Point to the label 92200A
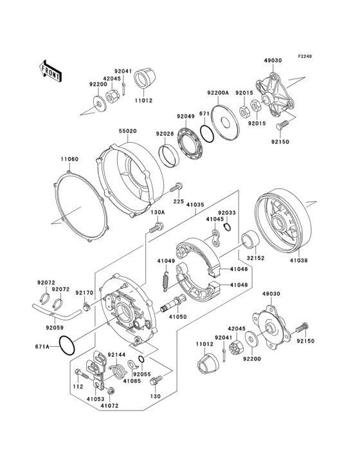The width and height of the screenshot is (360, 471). point(218,93)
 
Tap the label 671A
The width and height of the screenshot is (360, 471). point(42,346)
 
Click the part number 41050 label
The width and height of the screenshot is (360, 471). point(177,317)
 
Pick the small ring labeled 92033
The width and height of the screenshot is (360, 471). point(228,225)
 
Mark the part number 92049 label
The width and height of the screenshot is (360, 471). point(186,116)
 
